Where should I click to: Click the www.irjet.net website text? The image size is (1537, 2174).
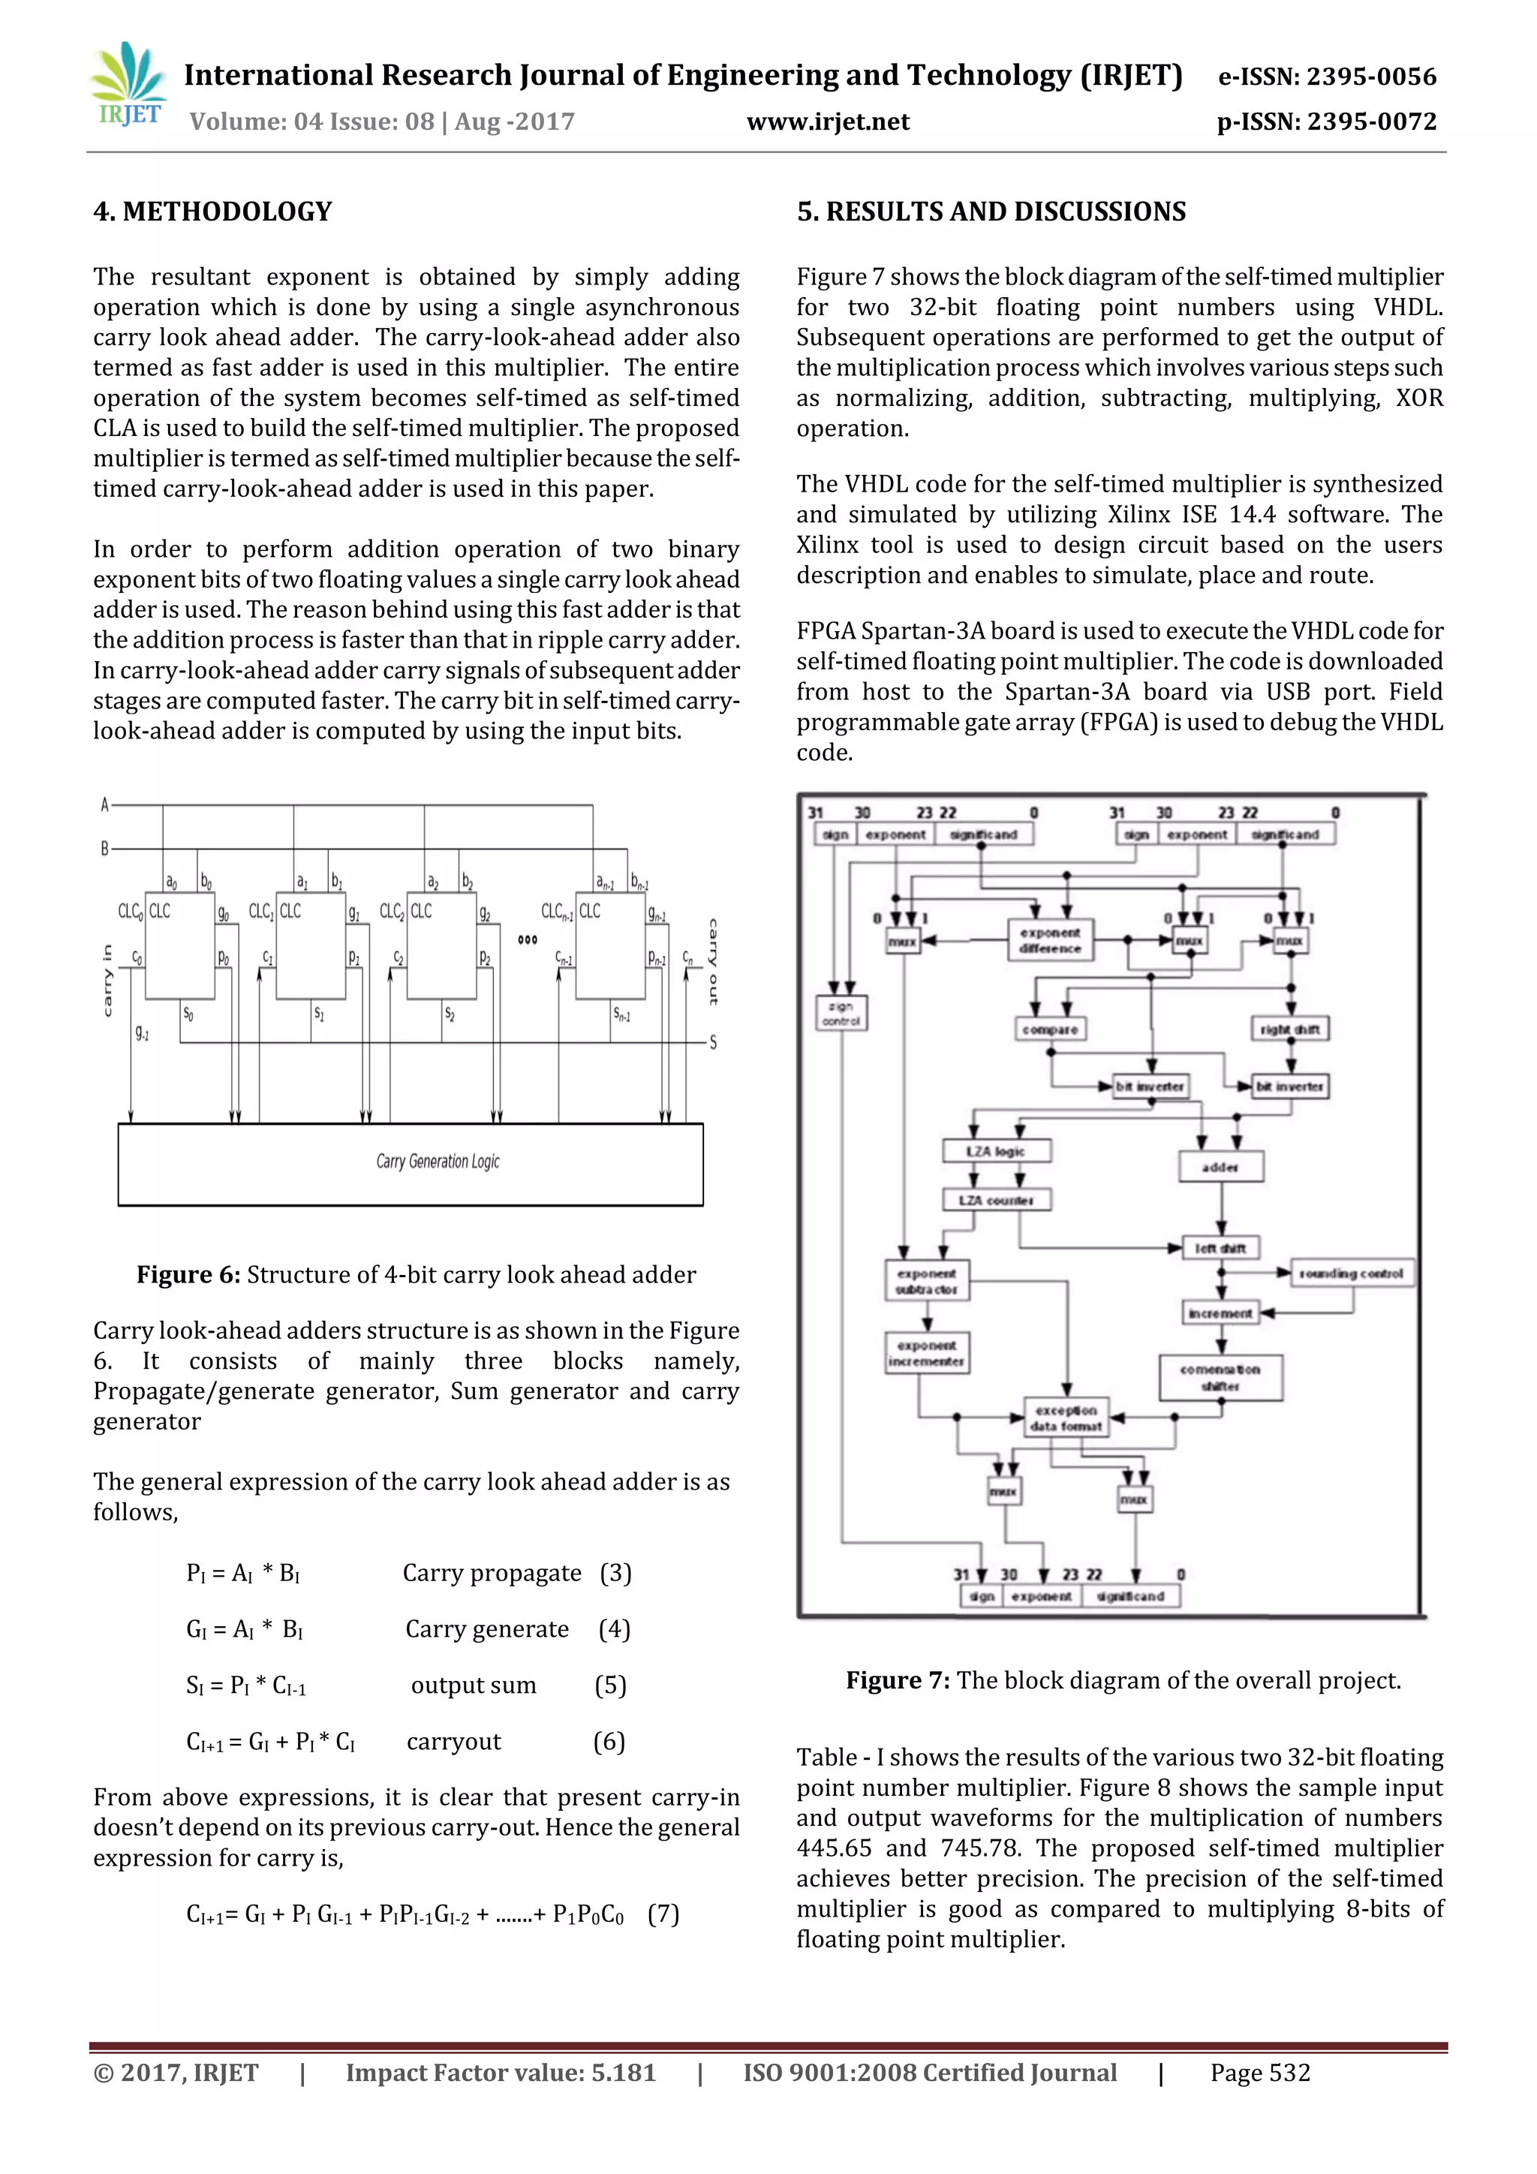(x=827, y=122)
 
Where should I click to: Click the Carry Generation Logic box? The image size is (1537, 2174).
(x=410, y=1164)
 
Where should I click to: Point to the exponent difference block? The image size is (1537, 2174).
(x=1049, y=940)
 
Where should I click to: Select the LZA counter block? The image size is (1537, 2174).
(x=996, y=1200)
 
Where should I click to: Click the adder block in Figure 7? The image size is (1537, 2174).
(x=1220, y=1166)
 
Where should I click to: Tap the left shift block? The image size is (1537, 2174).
(x=1220, y=1248)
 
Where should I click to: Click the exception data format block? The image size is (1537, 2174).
(x=1066, y=1418)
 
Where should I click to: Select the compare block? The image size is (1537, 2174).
(x=1049, y=1030)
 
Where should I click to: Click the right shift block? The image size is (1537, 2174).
(x=1290, y=1030)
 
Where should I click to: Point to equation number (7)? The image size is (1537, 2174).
(x=663, y=1914)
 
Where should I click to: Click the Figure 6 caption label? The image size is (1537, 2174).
(x=188, y=1274)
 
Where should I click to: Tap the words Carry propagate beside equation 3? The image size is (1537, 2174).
(x=492, y=1573)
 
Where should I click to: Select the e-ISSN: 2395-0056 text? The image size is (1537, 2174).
(x=1327, y=76)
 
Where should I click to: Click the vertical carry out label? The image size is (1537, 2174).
(x=713, y=961)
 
